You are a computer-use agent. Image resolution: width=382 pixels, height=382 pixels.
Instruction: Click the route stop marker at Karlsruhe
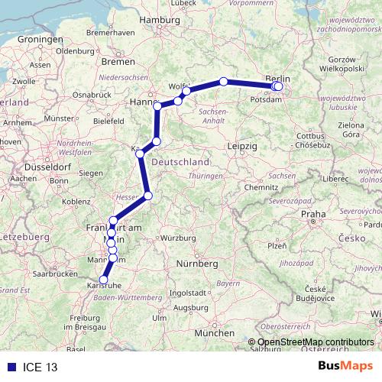(x=104, y=280)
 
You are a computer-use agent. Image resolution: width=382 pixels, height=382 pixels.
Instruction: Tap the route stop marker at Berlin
(x=278, y=86)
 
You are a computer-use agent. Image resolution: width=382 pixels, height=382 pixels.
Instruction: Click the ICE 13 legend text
(x=40, y=367)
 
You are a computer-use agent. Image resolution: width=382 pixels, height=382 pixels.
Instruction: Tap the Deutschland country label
(x=181, y=163)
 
